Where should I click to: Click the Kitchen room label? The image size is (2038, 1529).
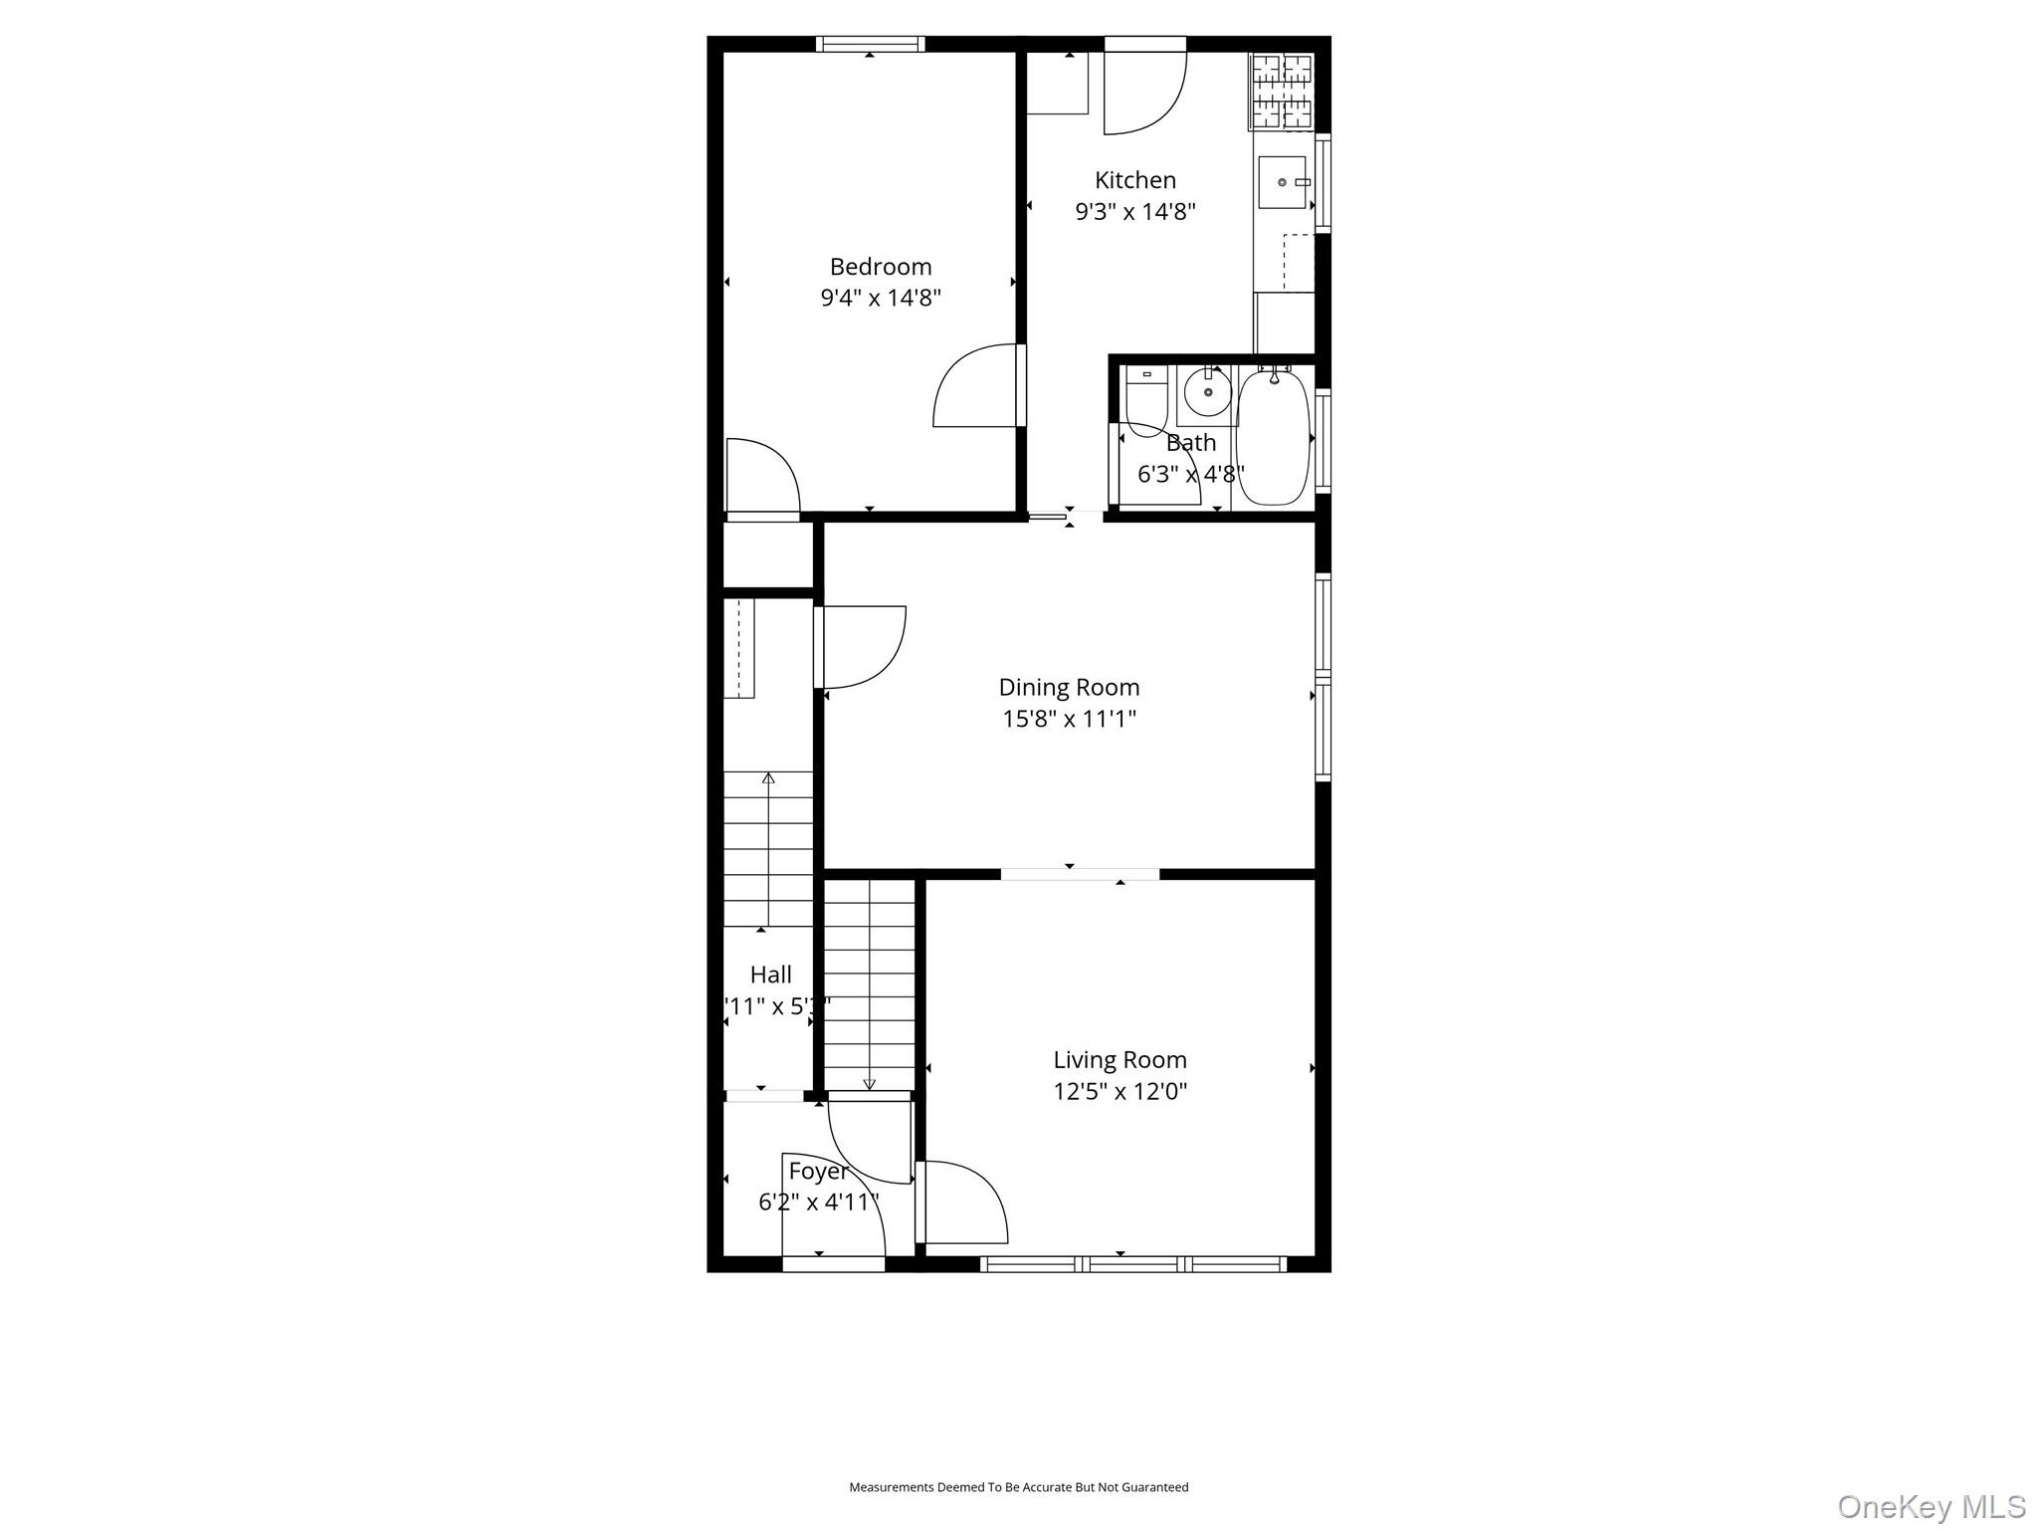pyautogui.click(x=1134, y=180)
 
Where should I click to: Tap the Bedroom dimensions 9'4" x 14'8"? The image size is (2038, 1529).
pyautogui.click(x=881, y=298)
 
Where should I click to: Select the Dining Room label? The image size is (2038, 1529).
pyautogui.click(x=1069, y=687)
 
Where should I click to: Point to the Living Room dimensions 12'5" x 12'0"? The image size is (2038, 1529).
pyautogui.click(x=1121, y=1091)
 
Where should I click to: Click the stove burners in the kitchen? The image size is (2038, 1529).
pyautogui.click(x=1282, y=92)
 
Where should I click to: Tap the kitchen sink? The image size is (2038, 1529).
pyautogui.click(x=1282, y=183)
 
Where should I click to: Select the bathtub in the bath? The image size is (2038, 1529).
pyautogui.click(x=1273, y=438)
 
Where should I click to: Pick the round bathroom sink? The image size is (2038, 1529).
pyautogui.click(x=1208, y=392)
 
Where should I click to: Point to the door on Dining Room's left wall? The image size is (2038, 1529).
pyautogui.click(x=861, y=647)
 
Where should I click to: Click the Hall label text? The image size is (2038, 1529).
pyautogui.click(x=771, y=975)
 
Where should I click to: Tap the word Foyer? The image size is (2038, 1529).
pyautogui.click(x=818, y=1171)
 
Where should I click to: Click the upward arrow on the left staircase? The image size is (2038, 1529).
pyautogui.click(x=768, y=778)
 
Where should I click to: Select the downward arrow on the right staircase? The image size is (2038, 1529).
pyautogui.click(x=869, y=1084)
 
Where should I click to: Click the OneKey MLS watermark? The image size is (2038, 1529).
pyautogui.click(x=1931, y=1506)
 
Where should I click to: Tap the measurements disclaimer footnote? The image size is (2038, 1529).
pyautogui.click(x=1018, y=1487)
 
